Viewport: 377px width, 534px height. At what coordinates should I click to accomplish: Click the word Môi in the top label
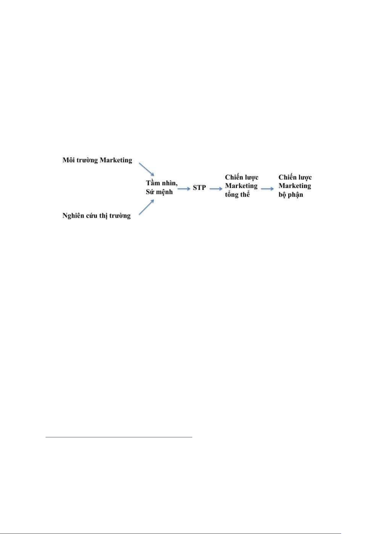pos(69,160)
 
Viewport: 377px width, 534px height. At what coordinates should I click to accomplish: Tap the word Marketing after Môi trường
pos(116,160)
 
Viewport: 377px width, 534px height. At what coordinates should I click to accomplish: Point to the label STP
pos(199,188)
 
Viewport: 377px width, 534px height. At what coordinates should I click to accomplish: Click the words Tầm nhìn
pos(162,183)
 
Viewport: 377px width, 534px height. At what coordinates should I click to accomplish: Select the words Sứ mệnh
pos(159,192)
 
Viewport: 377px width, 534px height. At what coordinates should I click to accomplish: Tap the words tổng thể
pos(238,195)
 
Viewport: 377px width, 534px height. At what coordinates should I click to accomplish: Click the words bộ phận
pos(291,195)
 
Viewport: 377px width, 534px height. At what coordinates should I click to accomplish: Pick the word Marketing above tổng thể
pos(241,186)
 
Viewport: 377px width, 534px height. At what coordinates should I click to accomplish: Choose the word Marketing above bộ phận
pos(295,186)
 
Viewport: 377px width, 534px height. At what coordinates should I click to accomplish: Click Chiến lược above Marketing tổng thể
pos(242,177)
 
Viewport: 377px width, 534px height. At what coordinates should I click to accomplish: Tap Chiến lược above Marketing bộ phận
pos(295,177)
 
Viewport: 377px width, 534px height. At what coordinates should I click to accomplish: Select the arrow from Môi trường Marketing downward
pos(146,170)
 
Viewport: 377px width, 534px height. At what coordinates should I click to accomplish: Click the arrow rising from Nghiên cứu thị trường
pos(146,207)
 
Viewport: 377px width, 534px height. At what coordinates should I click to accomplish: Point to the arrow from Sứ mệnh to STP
pos(184,189)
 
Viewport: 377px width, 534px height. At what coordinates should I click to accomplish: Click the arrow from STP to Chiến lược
pos(216,189)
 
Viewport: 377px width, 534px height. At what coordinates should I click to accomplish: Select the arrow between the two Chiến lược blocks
pos(268,189)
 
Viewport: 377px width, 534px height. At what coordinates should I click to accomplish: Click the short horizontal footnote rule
pos(119,437)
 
